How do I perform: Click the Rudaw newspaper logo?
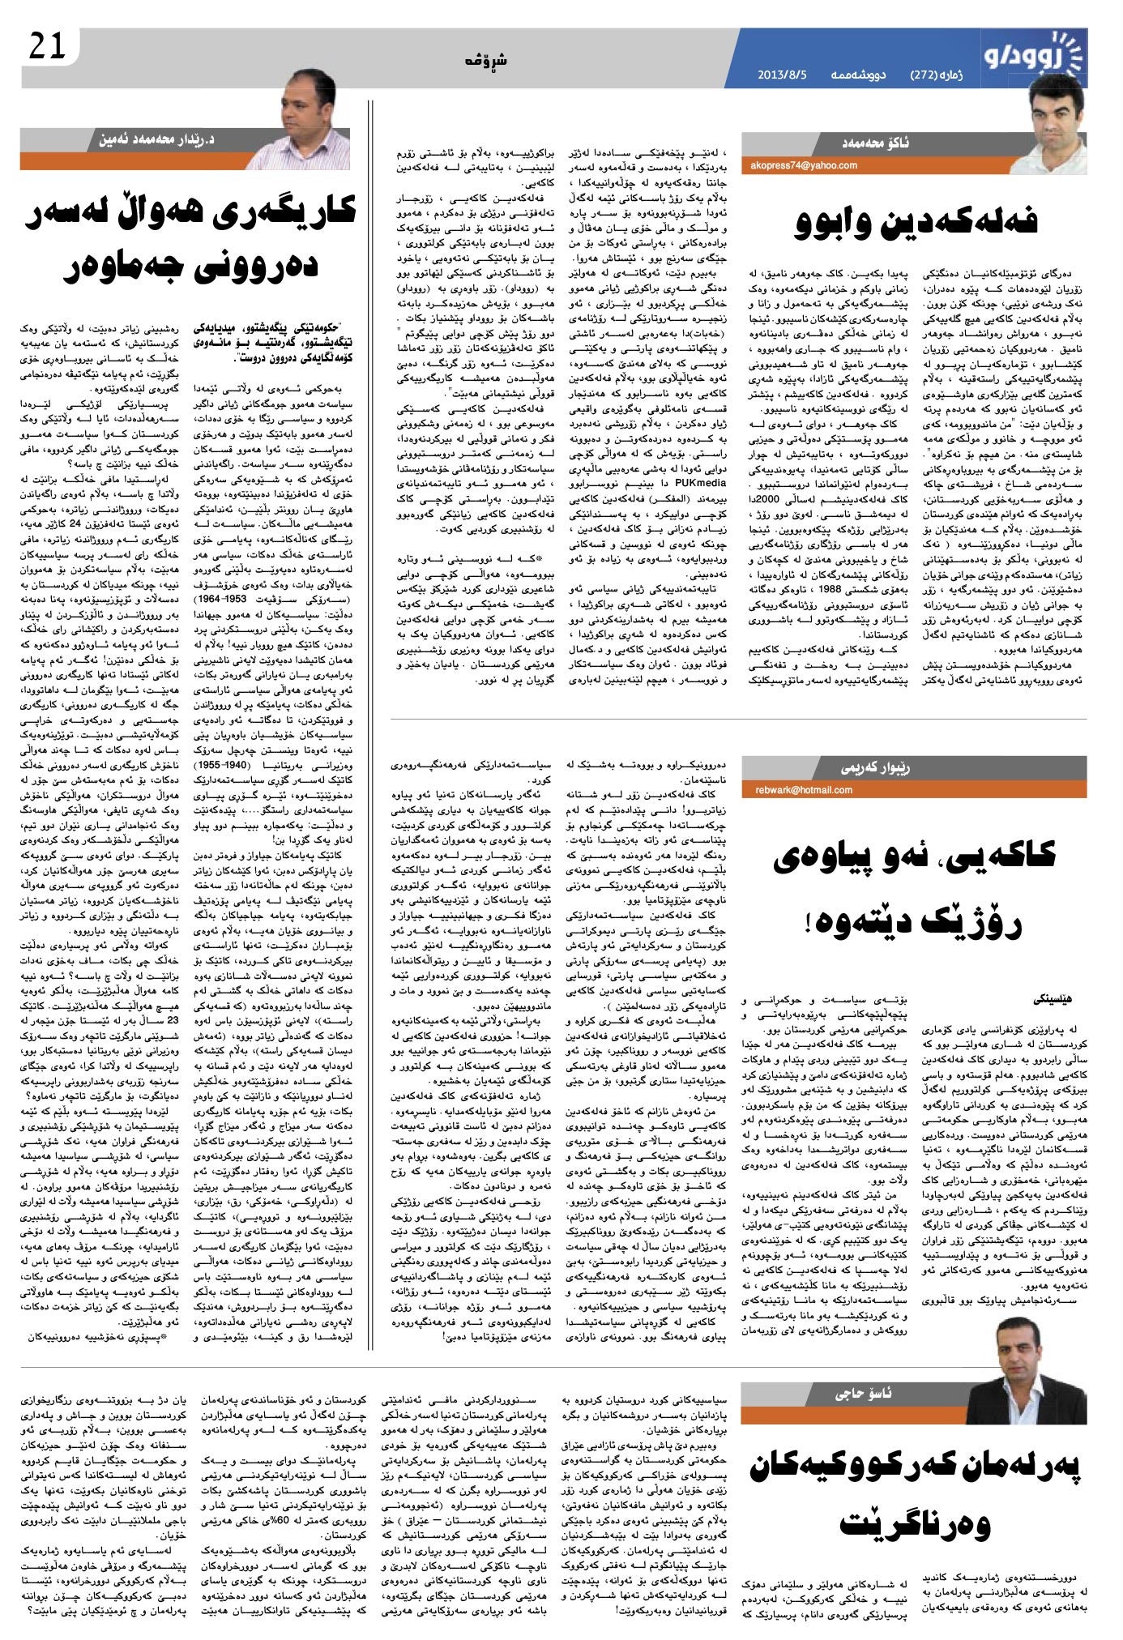(x=1032, y=56)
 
